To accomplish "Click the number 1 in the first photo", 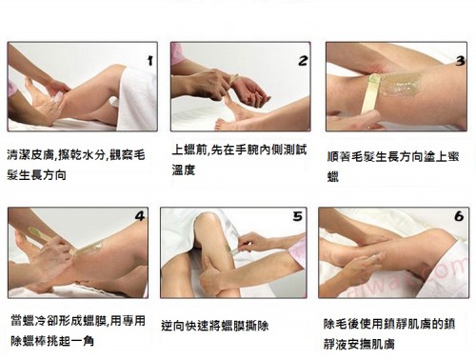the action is (x=150, y=60).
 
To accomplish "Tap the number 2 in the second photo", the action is (x=303, y=60).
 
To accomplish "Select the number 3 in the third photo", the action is (x=460, y=61).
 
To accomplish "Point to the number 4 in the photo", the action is (x=140, y=216).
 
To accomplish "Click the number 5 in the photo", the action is (x=298, y=216).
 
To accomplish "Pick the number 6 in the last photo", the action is (x=459, y=216).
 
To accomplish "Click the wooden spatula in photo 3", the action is (x=371, y=99).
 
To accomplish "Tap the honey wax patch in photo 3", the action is (x=399, y=83).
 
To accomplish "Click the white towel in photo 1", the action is (x=137, y=98).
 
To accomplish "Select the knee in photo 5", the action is (x=208, y=222).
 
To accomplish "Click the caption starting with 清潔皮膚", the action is (x=76, y=165).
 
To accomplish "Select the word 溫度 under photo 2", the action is (x=183, y=170).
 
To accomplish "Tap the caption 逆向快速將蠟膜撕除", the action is (x=215, y=326).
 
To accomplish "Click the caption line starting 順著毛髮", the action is (x=393, y=157).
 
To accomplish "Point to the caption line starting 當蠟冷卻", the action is (x=78, y=321).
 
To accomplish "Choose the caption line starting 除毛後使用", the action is (x=389, y=324).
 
